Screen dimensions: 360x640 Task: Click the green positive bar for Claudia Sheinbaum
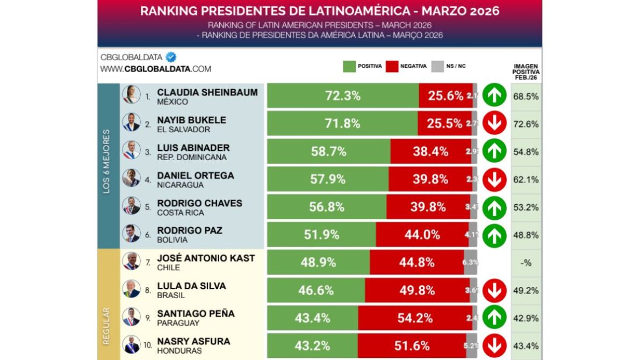point(343,96)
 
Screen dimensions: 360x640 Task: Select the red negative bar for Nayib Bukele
point(444,124)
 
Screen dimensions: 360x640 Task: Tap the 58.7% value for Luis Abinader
point(328,152)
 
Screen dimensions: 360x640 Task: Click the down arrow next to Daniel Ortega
point(494,179)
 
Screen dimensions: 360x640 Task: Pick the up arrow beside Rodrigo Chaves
point(494,207)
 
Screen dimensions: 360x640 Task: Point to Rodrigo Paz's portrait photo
point(131,234)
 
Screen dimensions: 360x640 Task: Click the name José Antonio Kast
point(206,258)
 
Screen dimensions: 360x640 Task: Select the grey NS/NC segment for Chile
point(470,263)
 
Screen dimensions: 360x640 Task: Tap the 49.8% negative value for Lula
point(416,291)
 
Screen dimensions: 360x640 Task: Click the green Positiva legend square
point(349,67)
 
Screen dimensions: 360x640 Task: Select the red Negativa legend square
point(392,67)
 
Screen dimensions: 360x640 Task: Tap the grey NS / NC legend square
point(437,67)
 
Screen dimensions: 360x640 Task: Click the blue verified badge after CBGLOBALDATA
point(171,57)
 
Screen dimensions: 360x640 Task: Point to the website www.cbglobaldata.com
point(156,69)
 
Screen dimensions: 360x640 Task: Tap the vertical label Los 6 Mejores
point(107,161)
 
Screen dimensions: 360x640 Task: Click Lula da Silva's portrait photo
point(131,290)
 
